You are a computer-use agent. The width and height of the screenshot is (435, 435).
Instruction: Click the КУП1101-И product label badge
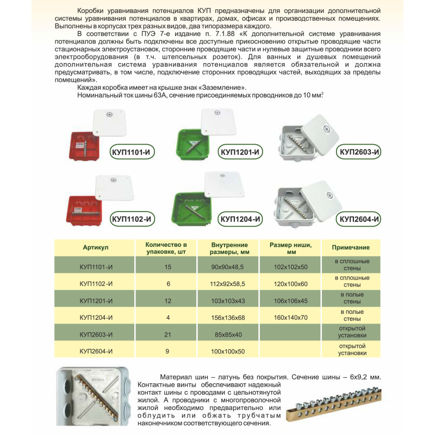pos(131,153)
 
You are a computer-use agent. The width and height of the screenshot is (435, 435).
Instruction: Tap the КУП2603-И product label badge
pos(358,152)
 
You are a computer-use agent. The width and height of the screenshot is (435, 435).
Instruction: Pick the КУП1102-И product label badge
pos(131,219)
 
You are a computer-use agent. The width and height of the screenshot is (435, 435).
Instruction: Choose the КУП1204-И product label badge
pos(240,219)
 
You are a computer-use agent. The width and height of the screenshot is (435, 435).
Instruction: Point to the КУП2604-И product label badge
pos(359,219)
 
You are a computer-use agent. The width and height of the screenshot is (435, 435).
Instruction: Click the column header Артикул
pos(96,247)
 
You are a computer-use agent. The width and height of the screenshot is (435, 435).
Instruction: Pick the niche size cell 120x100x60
pos(290,284)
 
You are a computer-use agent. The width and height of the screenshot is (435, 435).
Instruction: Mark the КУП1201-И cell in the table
pos(96,300)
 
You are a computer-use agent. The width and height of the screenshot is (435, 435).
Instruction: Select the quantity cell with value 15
pos(167,267)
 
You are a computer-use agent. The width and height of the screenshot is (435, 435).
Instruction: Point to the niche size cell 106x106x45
pos(290,300)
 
